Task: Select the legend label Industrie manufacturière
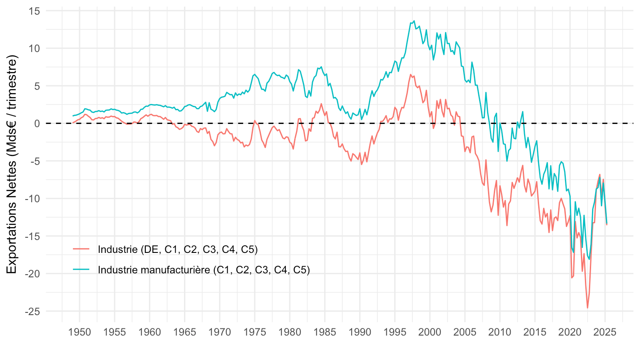click(x=204, y=270)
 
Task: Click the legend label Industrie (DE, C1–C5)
click(x=178, y=249)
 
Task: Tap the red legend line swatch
click(x=81, y=249)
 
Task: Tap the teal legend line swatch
click(x=81, y=270)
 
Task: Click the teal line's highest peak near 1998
click(x=414, y=21)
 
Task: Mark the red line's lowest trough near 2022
click(x=588, y=308)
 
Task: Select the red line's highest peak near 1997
click(x=411, y=74)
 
